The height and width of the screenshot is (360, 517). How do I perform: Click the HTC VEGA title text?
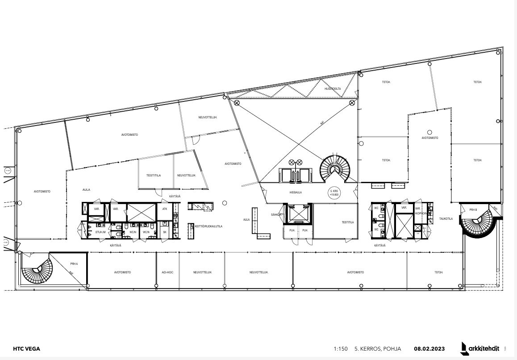click(x=26, y=349)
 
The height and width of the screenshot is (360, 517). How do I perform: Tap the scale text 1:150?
click(x=340, y=349)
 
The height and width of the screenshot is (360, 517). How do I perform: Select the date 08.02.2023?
click(x=429, y=349)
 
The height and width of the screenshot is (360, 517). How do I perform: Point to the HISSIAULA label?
click(x=296, y=192)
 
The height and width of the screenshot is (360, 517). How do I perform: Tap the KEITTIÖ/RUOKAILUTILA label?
click(x=208, y=226)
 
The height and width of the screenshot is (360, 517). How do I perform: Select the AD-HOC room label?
click(x=167, y=272)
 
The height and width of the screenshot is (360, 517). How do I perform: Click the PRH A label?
click(x=74, y=264)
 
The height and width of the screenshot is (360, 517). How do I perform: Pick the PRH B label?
click(x=473, y=209)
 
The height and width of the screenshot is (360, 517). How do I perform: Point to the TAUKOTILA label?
click(x=446, y=219)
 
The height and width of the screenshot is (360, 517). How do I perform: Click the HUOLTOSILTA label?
click(x=333, y=89)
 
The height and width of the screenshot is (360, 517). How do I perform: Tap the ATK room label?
click(x=165, y=209)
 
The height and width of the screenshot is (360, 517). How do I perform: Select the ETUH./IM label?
click(x=100, y=232)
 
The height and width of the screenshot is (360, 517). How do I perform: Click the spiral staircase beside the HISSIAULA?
click(x=335, y=168)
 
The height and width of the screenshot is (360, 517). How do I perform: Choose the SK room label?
click(x=165, y=232)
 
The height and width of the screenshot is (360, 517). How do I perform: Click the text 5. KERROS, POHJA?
click(x=378, y=349)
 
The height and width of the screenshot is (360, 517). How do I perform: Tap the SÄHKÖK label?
click(x=275, y=215)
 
